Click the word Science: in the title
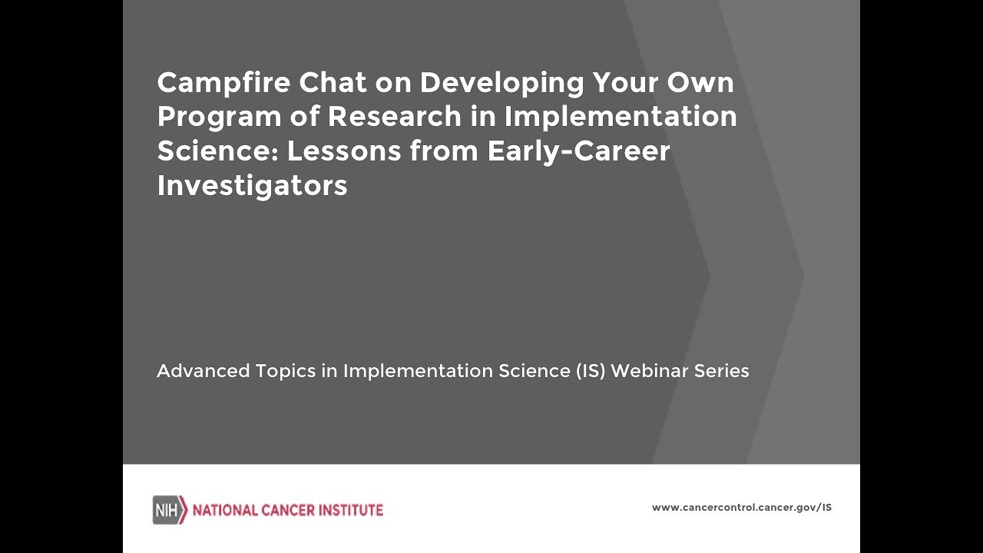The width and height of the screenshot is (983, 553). [217, 151]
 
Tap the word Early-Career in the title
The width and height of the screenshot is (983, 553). [578, 151]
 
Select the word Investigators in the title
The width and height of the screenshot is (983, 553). [252, 186]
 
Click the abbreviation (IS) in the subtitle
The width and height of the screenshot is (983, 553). [591, 371]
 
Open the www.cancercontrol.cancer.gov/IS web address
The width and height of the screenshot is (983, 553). [741, 508]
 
